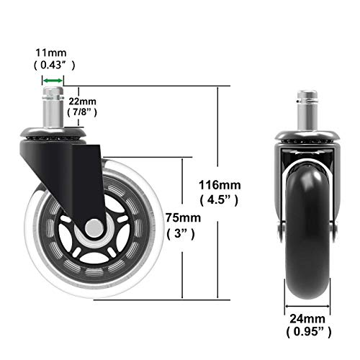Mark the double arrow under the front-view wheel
pyautogui.click(x=307, y=305)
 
